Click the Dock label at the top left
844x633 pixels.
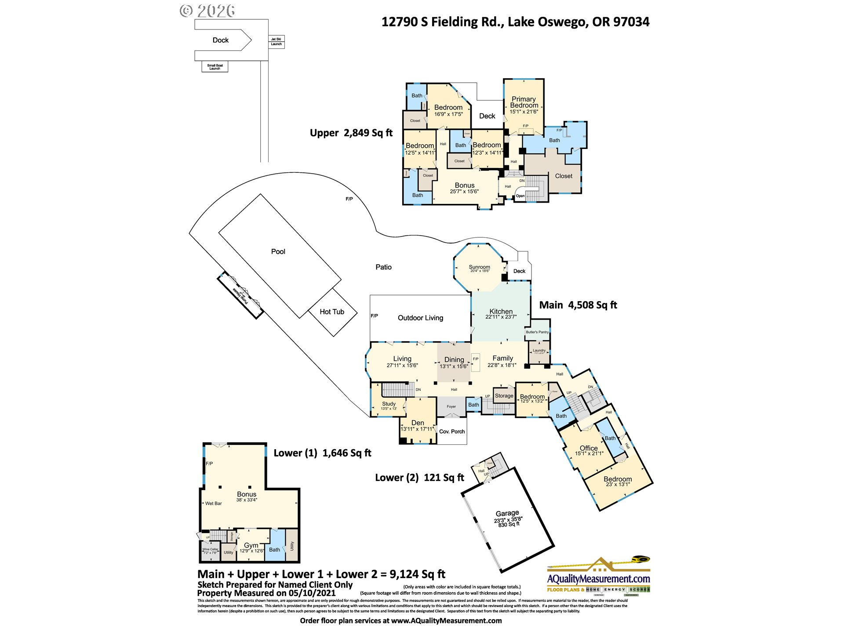click(220, 40)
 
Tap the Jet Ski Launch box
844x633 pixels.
click(276, 42)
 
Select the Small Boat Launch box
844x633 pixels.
click(215, 67)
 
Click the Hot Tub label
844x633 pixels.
click(332, 312)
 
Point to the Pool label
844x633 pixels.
click(278, 251)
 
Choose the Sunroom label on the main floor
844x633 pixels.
click(479, 267)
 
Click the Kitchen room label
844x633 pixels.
click(501, 311)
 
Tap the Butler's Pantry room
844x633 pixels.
click(537, 332)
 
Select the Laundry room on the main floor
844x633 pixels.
click(539, 351)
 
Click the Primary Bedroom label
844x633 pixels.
click(524, 102)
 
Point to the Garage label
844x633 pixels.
click(507, 513)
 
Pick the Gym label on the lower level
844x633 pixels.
click(251, 545)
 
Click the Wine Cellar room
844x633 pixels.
click(210, 550)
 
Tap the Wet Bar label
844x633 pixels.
click(213, 503)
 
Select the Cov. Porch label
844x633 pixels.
click(452, 432)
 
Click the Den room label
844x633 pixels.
click(418, 423)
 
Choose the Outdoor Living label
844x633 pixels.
click(420, 318)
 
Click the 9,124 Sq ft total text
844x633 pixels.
click(417, 574)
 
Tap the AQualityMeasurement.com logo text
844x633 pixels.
click(598, 579)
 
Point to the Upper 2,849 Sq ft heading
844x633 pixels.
click(351, 133)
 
